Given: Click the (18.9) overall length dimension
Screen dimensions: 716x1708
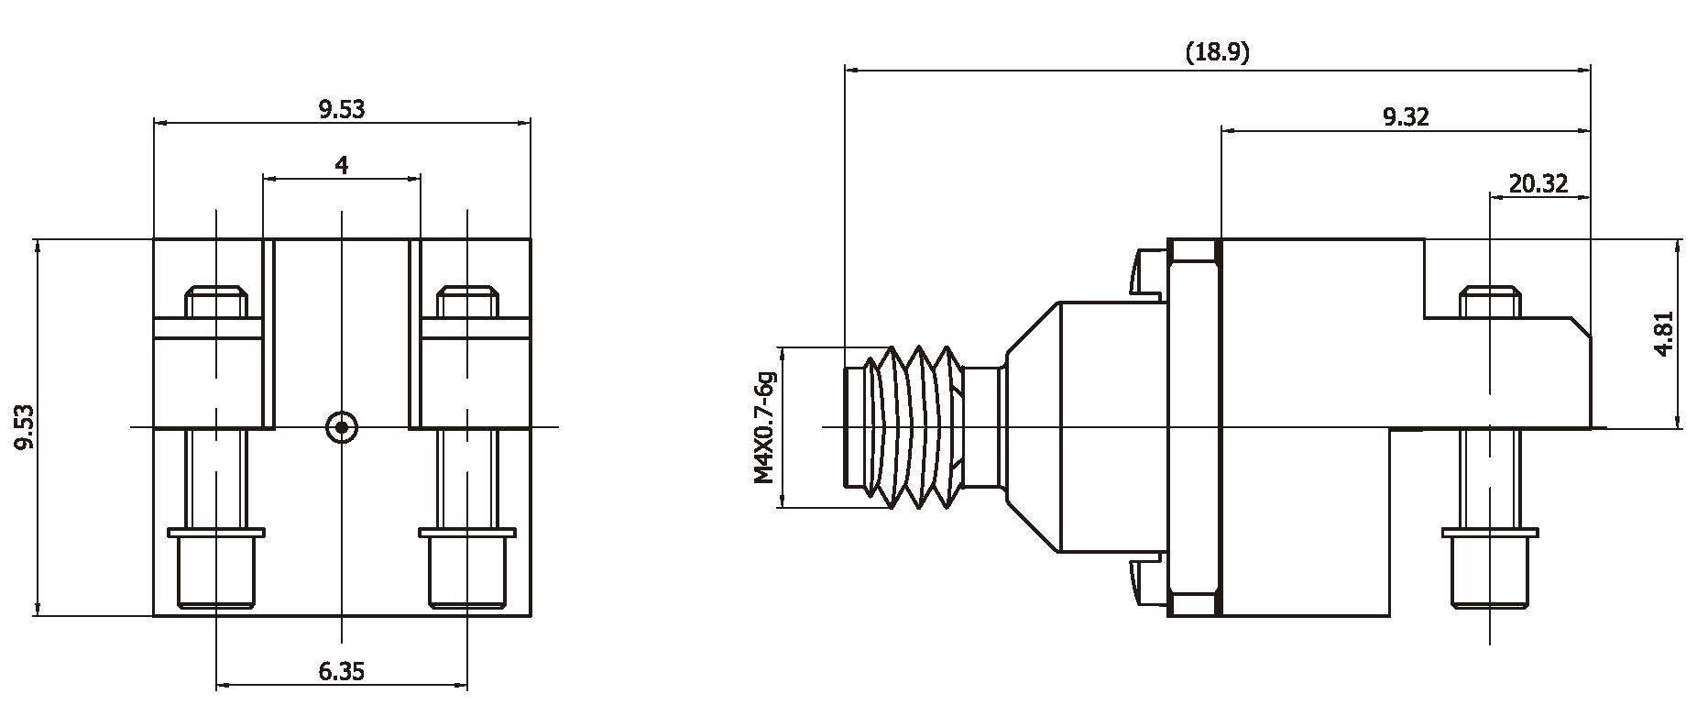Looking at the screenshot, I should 1217,52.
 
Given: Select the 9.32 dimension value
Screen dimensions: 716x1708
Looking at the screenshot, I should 1405,116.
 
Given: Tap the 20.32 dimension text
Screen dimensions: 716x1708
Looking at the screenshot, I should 1538,184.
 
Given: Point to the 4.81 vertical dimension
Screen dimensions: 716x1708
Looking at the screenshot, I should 1664,334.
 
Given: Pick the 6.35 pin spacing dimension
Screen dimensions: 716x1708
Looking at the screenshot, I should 341,671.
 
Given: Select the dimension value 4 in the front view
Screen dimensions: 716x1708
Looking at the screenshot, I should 341,165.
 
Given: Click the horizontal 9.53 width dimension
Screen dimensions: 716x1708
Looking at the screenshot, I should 341,109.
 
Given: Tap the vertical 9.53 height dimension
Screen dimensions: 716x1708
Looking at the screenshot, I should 24,426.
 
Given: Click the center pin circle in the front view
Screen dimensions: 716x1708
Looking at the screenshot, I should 342,426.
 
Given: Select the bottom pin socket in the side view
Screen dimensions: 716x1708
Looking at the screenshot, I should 1490,568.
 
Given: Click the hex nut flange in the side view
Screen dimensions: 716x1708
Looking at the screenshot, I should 1194,426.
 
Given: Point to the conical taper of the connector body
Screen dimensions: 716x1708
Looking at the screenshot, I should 1033,426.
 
